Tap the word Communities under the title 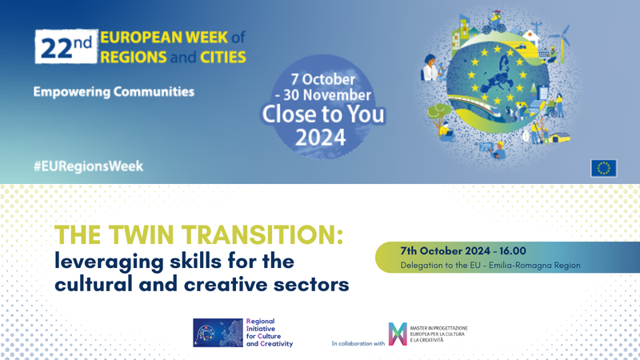pos(152,92)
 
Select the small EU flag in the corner pos(603,166)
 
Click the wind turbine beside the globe pos(564,36)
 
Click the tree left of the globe pos(438,112)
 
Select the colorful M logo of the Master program pos(398,334)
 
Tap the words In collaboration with pos(358,343)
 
